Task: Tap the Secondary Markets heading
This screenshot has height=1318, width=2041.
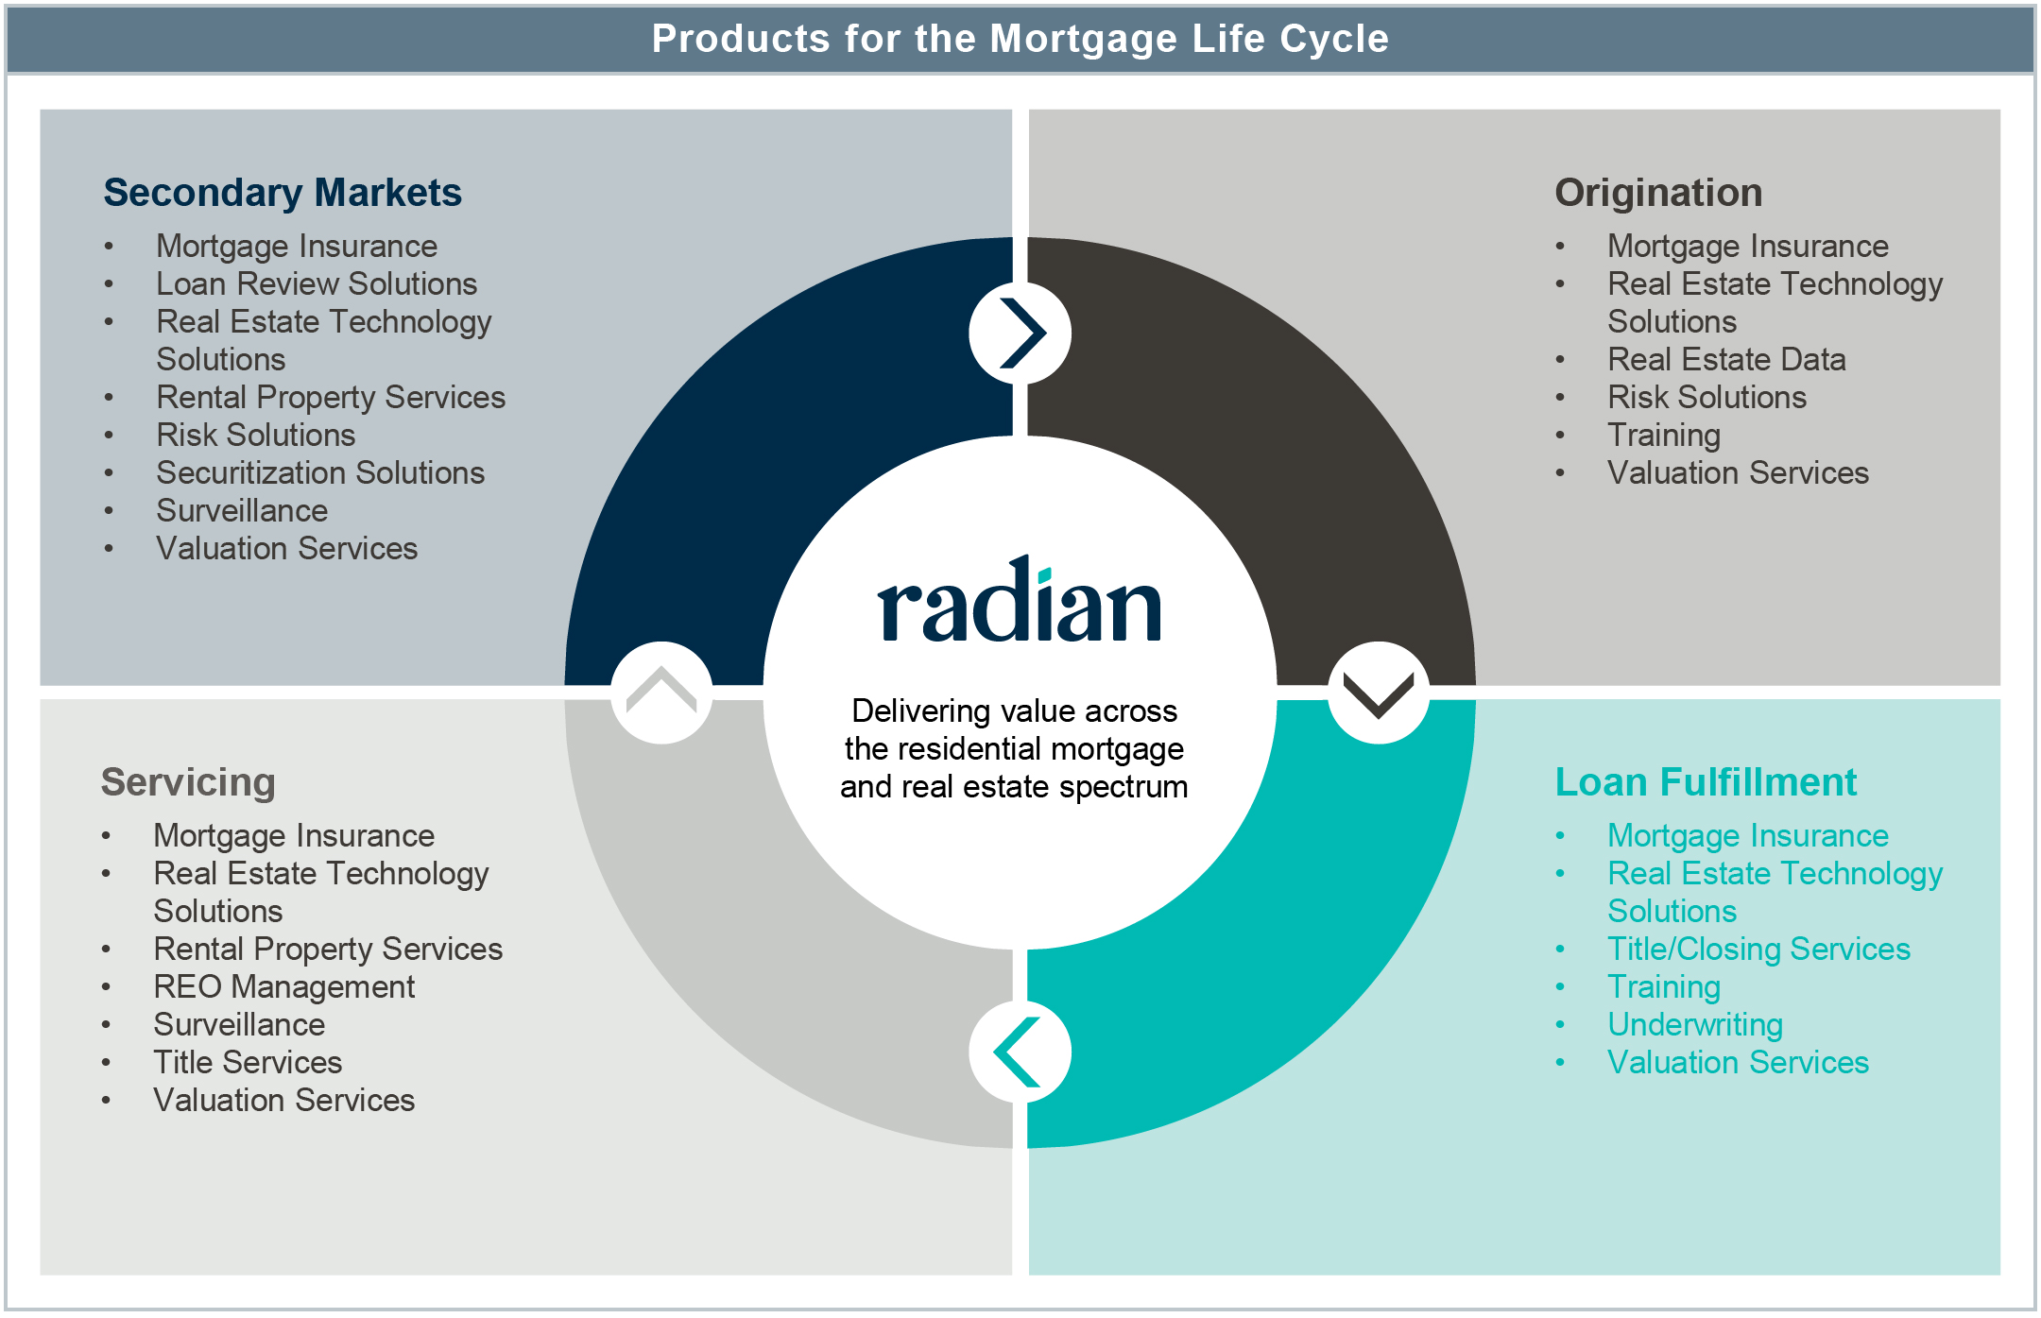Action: [x=283, y=193]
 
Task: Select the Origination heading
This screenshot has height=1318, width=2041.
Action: [x=1658, y=193]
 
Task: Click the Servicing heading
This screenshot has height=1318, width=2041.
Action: [x=188, y=782]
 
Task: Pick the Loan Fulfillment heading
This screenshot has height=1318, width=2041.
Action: [x=1706, y=782]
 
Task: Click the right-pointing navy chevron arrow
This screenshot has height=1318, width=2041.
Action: [x=1020, y=333]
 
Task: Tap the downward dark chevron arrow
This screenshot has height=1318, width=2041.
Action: [x=1378, y=693]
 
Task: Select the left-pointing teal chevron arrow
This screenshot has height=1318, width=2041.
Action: [x=1019, y=1052]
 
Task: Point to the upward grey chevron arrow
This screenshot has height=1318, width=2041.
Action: [x=661, y=693]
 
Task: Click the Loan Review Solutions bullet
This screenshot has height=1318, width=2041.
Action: [x=317, y=283]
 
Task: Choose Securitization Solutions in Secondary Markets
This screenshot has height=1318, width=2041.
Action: [x=320, y=472]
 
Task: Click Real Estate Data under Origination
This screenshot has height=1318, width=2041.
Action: [x=1726, y=359]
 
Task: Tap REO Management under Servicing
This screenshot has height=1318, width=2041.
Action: [x=283, y=986]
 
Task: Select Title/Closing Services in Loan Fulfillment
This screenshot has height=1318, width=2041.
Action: [x=1758, y=949]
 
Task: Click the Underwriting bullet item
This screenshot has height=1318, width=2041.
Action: [x=1695, y=1024]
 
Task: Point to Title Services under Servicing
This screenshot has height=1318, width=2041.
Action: [x=248, y=1062]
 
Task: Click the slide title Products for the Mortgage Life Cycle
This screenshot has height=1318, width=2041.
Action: [x=1020, y=39]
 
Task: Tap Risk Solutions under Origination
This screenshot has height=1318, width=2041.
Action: [x=1707, y=397]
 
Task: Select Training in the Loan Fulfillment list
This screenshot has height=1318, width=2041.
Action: [x=1663, y=986]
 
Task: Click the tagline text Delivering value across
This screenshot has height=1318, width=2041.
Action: [x=1014, y=710]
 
